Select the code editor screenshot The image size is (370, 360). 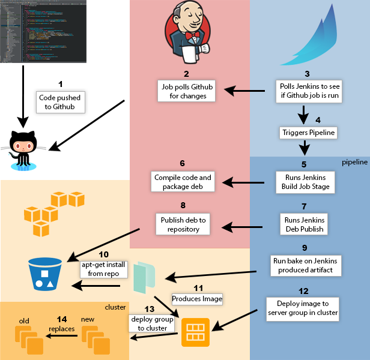[44, 31]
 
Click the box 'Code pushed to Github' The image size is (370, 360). [60, 101]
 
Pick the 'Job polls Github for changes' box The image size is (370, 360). [187, 91]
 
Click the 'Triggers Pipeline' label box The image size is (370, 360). [308, 132]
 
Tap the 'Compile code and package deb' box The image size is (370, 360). [183, 182]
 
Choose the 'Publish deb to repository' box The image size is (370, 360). [183, 224]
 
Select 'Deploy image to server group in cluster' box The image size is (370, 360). [304, 307]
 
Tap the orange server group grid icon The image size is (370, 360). [195, 332]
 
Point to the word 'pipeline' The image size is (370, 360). [355, 163]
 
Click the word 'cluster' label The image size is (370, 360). [115, 307]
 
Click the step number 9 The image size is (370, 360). [304, 247]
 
